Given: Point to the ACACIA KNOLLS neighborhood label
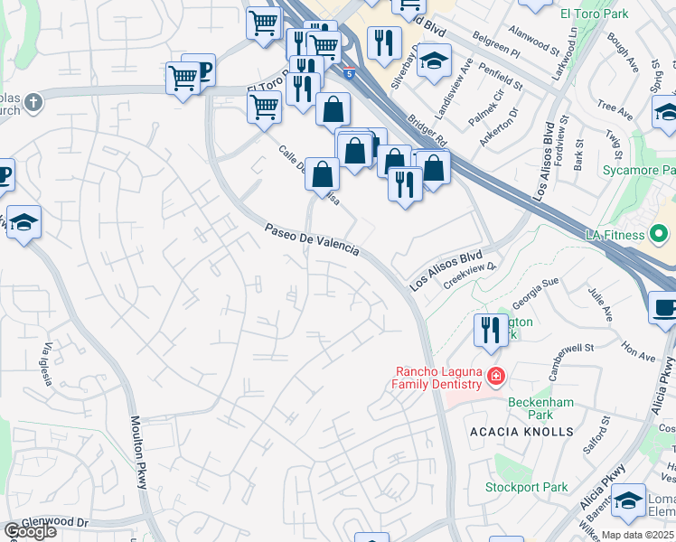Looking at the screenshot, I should pyautogui.click(x=521, y=432).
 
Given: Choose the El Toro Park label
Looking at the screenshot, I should pyautogui.click(x=593, y=14).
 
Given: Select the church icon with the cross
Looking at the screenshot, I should pyautogui.click(x=33, y=101).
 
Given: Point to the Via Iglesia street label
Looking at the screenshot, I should pyautogui.click(x=49, y=360).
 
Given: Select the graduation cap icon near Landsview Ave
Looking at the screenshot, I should pyautogui.click(x=435, y=61).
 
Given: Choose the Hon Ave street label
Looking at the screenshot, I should pyautogui.click(x=638, y=350).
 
